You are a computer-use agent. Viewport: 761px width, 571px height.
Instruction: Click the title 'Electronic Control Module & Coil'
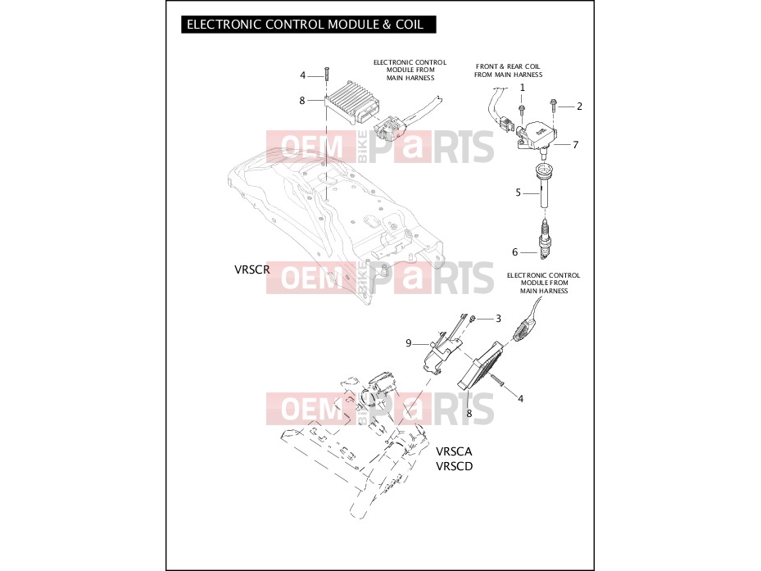[x=305, y=25]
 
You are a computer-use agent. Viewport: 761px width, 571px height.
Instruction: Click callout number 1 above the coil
[x=523, y=88]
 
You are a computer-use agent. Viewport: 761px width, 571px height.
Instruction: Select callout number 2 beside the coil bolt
[x=579, y=106]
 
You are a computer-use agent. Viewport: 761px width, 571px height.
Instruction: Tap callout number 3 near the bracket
[x=498, y=319]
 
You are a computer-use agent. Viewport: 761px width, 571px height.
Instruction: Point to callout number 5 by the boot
[x=518, y=193]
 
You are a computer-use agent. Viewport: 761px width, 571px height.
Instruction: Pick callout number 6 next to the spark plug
[x=515, y=252]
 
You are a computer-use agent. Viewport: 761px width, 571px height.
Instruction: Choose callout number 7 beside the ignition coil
[x=576, y=145]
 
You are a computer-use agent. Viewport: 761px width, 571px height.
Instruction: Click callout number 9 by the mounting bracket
[x=409, y=343]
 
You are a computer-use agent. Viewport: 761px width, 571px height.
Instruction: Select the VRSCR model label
[x=251, y=270]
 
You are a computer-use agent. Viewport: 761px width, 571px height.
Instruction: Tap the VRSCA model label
[x=454, y=451]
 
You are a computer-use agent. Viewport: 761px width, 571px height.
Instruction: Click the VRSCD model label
[x=454, y=466]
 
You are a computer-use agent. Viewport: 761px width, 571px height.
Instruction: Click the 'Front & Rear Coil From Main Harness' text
[x=508, y=70]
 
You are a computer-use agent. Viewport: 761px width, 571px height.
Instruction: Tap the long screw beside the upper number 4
[x=327, y=76]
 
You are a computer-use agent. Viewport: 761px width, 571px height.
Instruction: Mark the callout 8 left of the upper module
[x=302, y=101]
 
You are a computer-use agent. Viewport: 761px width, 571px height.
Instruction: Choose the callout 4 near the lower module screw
[x=521, y=399]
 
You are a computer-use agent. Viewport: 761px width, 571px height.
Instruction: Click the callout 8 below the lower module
[x=469, y=414]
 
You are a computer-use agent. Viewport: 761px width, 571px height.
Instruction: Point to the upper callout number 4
[x=303, y=75]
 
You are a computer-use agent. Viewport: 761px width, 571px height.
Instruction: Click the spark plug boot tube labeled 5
[x=544, y=187]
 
